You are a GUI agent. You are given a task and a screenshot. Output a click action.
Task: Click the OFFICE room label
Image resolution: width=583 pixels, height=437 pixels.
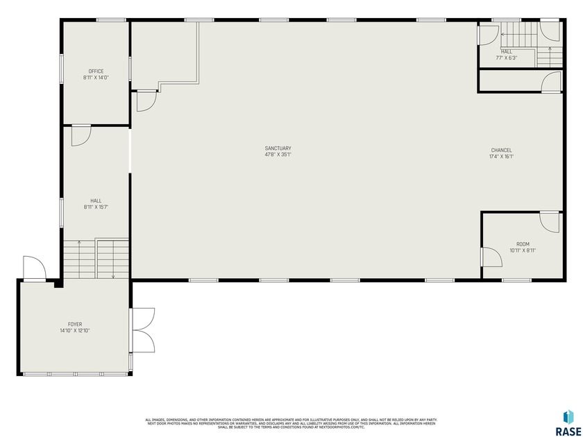[x=96, y=71]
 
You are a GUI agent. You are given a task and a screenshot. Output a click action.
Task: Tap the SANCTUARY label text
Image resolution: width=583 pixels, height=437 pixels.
[x=278, y=148]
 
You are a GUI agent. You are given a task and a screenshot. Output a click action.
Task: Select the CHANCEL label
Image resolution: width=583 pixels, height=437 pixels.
[x=501, y=151]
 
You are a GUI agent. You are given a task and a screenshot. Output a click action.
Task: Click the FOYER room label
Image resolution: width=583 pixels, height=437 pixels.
[x=75, y=324]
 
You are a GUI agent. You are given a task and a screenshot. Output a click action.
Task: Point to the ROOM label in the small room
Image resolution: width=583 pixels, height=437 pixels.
[x=523, y=244]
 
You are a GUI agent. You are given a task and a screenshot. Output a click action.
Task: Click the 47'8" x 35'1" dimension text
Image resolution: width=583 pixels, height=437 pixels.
[x=278, y=155]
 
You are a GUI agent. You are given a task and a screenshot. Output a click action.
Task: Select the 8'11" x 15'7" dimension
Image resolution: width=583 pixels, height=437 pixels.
[x=96, y=207]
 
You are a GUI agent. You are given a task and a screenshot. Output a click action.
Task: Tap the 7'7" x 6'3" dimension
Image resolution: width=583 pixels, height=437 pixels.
[x=506, y=58]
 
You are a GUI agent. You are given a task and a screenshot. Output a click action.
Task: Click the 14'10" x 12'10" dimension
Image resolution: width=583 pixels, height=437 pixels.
[x=75, y=331]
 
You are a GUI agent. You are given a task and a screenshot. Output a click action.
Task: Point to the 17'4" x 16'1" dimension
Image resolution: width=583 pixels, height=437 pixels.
[x=501, y=157]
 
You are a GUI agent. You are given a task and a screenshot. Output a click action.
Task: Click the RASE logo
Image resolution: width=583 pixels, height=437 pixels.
[x=568, y=422]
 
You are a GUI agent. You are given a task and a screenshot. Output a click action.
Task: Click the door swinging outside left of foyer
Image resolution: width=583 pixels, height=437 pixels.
[x=33, y=268]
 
